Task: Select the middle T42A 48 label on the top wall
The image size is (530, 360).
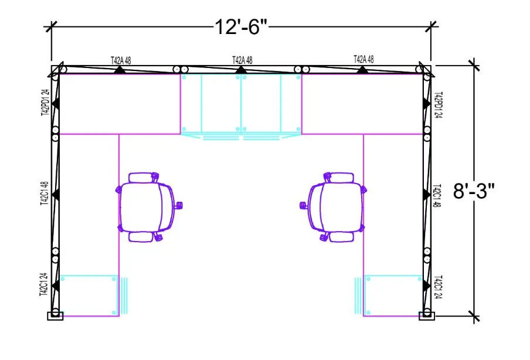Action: pyautogui.click(x=242, y=60)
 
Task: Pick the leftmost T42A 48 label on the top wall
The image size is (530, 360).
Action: pyautogui.click(x=121, y=60)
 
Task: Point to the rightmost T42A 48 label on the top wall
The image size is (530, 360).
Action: pyautogui.click(x=363, y=59)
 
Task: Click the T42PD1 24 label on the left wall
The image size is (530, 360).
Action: pyautogui.click(x=44, y=104)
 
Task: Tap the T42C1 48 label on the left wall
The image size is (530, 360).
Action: pyautogui.click(x=44, y=193)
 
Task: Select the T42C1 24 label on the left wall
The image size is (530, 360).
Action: pyautogui.click(x=44, y=285)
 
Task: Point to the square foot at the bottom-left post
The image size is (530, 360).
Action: pyautogui.click(x=55, y=315)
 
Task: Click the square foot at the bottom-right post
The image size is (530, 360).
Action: pyautogui.click(x=427, y=315)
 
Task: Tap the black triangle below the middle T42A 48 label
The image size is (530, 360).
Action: pyautogui.click(x=241, y=70)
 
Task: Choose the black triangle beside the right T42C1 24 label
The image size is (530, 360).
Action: pyautogui.click(x=424, y=285)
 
